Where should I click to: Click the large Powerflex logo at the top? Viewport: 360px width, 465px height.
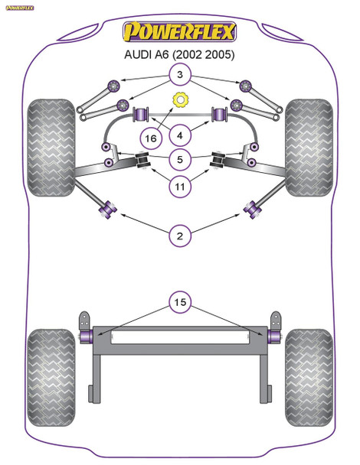coord(181,32)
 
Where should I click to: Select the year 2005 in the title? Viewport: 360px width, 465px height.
coord(218,55)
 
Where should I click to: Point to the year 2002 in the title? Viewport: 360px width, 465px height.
coord(188,55)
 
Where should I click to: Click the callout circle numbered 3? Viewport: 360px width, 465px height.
coord(179,75)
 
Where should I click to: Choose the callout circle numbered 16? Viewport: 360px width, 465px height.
coord(150,138)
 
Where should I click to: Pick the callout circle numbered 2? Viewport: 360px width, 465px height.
coord(179,236)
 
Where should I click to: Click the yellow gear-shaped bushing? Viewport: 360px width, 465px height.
coord(181,99)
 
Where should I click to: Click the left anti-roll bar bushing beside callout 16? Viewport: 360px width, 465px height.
coord(142,115)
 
